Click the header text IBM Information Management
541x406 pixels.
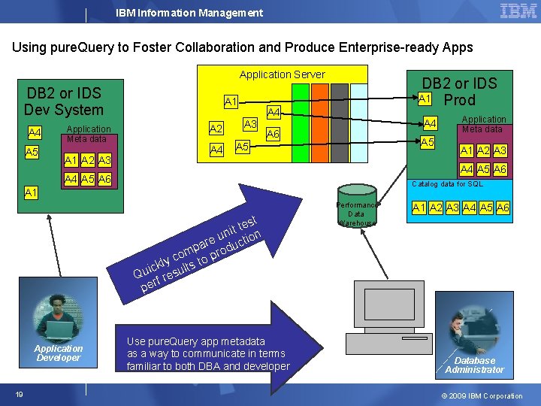click(189, 13)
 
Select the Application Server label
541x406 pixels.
click(282, 74)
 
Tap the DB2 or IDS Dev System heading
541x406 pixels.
click(64, 101)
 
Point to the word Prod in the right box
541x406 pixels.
click(459, 100)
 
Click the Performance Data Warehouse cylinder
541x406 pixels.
click(357, 207)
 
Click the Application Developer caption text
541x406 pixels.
click(59, 353)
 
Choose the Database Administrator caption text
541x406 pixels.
click(474, 365)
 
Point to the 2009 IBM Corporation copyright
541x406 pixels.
click(482, 395)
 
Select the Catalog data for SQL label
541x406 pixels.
click(447, 184)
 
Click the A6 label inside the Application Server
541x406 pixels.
click(273, 134)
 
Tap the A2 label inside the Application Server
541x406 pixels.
click(216, 129)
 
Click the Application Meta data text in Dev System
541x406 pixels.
click(89, 134)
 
